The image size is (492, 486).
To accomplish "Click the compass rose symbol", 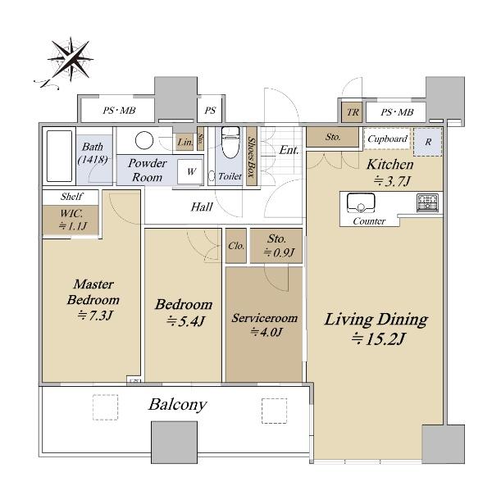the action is click(x=71, y=60).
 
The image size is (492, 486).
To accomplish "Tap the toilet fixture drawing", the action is click(x=230, y=142).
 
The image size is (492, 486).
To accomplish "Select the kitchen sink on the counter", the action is click(x=361, y=203).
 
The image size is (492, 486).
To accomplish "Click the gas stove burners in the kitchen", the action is click(x=427, y=203).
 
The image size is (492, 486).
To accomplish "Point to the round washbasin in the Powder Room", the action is click(x=144, y=140).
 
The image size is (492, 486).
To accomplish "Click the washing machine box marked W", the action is click(x=190, y=171).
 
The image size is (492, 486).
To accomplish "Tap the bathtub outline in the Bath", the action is click(x=59, y=157).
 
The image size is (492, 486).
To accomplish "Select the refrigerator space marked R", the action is click(x=428, y=142).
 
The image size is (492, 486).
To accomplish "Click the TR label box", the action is click(x=353, y=112).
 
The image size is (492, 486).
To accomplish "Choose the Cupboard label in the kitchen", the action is click(x=388, y=139).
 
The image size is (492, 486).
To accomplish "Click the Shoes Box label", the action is click(x=252, y=157).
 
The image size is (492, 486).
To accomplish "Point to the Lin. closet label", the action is click(x=185, y=142).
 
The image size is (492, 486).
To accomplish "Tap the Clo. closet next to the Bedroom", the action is click(x=236, y=246).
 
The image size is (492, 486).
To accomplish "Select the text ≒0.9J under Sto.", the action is click(x=279, y=252).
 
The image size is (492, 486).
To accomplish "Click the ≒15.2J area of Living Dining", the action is click(x=378, y=338).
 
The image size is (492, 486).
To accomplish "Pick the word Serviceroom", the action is click(x=265, y=318).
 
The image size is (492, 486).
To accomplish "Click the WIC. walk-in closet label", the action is click(x=71, y=214).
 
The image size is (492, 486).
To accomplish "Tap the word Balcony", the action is click(x=178, y=405).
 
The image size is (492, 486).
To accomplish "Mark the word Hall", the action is click(x=202, y=207).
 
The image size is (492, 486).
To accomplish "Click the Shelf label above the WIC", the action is click(x=72, y=196).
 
